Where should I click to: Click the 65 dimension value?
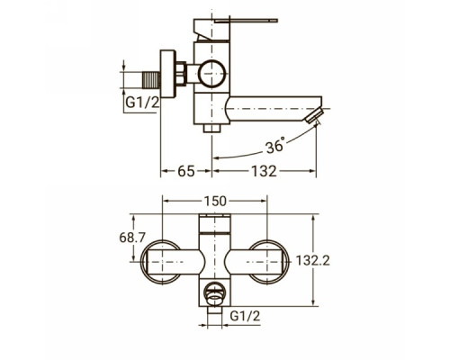[x=186, y=171]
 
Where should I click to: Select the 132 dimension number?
[x=264, y=171]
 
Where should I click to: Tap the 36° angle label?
[x=275, y=145]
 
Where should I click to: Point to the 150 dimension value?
[x=215, y=202]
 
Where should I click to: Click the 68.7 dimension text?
[x=132, y=238]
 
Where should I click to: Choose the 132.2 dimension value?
[x=313, y=260]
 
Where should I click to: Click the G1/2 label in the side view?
[x=142, y=103]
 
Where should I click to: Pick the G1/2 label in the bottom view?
[x=245, y=316]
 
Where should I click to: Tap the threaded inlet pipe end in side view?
[x=150, y=80]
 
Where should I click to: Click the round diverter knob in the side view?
[x=211, y=74]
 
